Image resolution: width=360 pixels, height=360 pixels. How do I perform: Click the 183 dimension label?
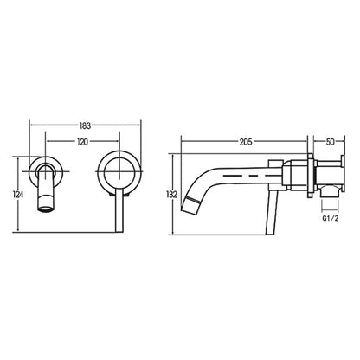point(85,125)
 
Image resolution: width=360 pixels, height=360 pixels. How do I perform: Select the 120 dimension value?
point(83,142)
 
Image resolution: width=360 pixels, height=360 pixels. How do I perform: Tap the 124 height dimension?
point(18,195)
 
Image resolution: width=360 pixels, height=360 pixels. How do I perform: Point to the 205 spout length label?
point(246,142)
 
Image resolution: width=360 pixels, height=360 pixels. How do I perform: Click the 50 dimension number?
point(330,142)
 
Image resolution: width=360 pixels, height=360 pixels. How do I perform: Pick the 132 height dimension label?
point(171,195)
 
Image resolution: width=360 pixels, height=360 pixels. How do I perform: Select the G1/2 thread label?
point(331,218)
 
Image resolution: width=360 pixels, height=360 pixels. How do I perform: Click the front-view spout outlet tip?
point(45,209)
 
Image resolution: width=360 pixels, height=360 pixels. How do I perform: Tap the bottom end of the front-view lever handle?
point(119,232)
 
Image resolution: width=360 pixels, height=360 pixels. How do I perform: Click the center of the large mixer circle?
point(119,171)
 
